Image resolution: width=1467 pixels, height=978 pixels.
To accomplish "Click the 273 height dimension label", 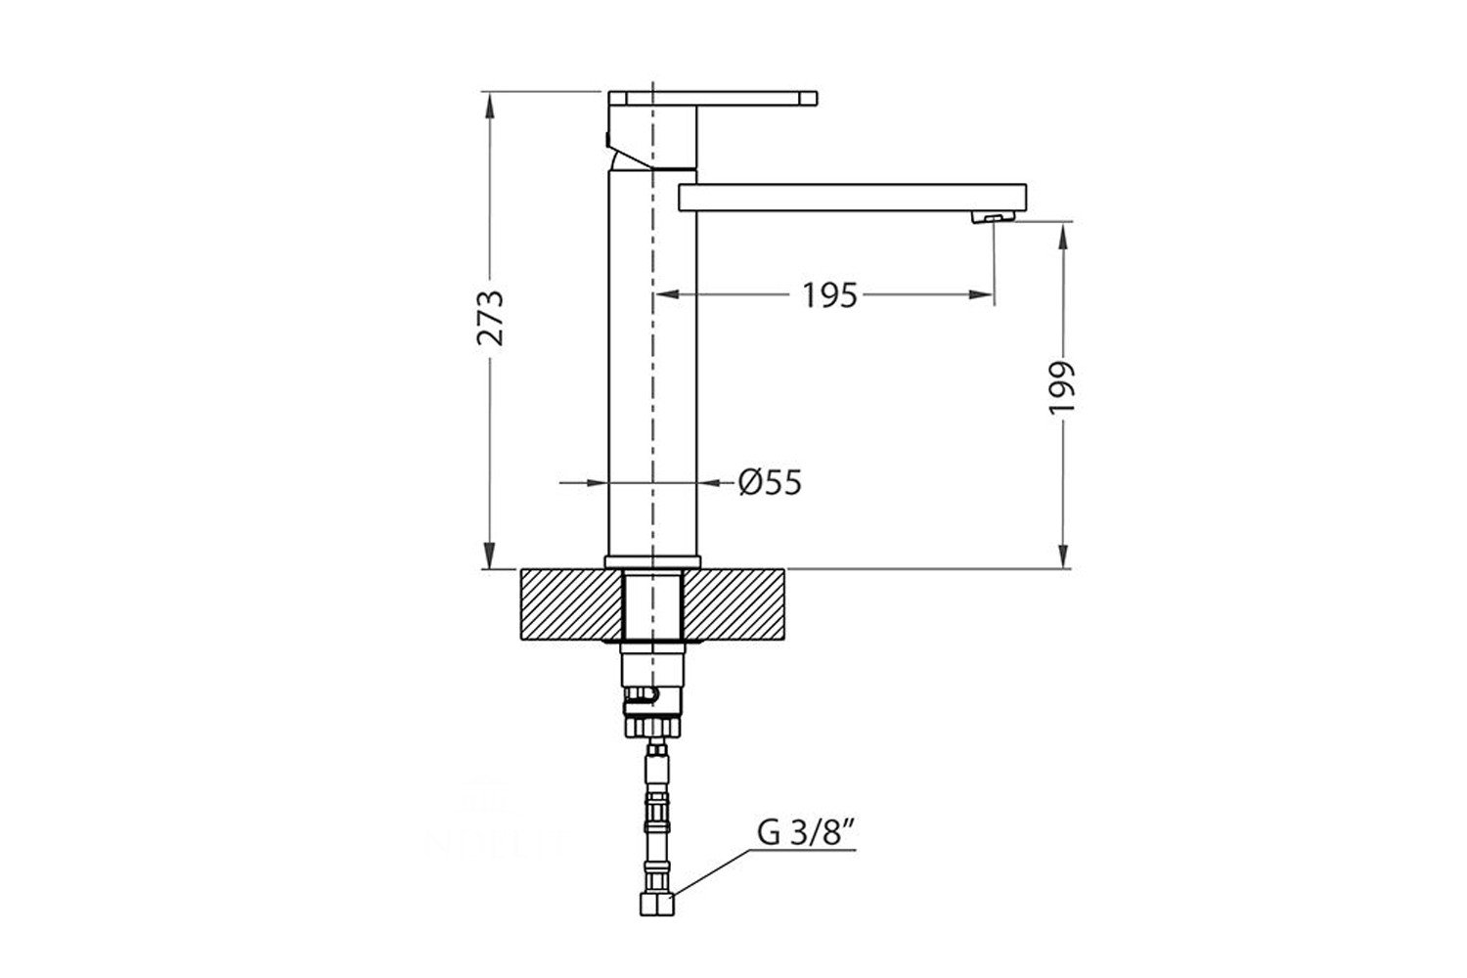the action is [490, 318].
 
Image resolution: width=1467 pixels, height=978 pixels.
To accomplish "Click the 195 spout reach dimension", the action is [829, 295].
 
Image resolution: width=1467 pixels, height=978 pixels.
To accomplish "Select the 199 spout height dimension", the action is [1061, 386].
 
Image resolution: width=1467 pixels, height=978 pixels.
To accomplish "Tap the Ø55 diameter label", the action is [770, 483].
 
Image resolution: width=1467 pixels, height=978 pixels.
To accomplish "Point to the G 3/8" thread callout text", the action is [807, 833].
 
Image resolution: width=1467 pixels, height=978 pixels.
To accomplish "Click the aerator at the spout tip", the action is [994, 217].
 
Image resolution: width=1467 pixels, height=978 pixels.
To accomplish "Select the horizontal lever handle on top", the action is [713, 98].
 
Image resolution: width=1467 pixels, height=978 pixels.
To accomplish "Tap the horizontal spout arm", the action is [852, 198].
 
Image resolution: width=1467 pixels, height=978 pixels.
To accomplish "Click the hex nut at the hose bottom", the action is [656, 905].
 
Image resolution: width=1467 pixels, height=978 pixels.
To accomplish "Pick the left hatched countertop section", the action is [570, 604].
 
